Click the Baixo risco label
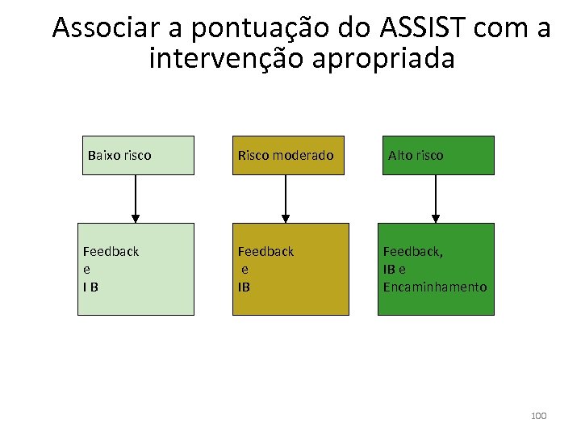[x=119, y=155]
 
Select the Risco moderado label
[x=285, y=155]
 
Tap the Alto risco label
[x=416, y=155]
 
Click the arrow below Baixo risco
[x=136, y=199]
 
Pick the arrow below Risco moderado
[x=285, y=199]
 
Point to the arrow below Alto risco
[x=436, y=199]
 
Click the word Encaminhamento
[x=435, y=287]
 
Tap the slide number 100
[x=538, y=416]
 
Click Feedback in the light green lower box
[x=111, y=251]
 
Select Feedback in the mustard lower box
[x=265, y=251]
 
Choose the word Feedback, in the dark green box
[x=412, y=251]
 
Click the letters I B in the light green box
[x=90, y=287]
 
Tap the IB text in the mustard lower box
[x=244, y=287]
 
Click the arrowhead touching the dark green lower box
[x=436, y=218]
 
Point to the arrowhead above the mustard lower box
[x=285, y=218]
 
